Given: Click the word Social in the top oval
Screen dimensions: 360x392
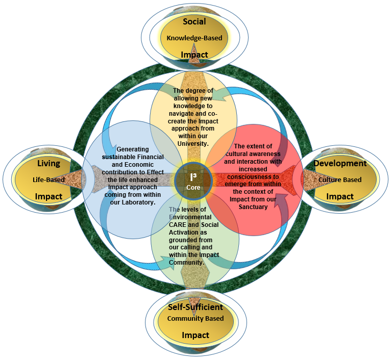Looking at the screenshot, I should [x=194, y=21].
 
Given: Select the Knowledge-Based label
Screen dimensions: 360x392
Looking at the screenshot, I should [x=194, y=38].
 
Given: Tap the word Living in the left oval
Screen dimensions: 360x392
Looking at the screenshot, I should [x=48, y=164].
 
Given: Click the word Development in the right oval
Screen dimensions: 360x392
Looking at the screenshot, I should [x=340, y=164].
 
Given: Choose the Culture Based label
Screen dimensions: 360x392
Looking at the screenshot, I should [x=340, y=179].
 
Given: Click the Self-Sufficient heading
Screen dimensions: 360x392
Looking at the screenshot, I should [x=195, y=307].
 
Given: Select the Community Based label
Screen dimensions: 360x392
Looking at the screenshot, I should [x=195, y=319].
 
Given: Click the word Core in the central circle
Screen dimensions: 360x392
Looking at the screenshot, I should [x=193, y=187].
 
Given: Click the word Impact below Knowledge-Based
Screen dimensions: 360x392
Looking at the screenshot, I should [x=194, y=55].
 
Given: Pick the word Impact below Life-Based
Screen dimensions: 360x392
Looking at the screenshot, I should [x=48, y=196].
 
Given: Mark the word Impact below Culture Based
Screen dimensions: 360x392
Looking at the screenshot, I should [x=340, y=196].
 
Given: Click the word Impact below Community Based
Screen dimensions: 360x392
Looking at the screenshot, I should [x=195, y=335].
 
